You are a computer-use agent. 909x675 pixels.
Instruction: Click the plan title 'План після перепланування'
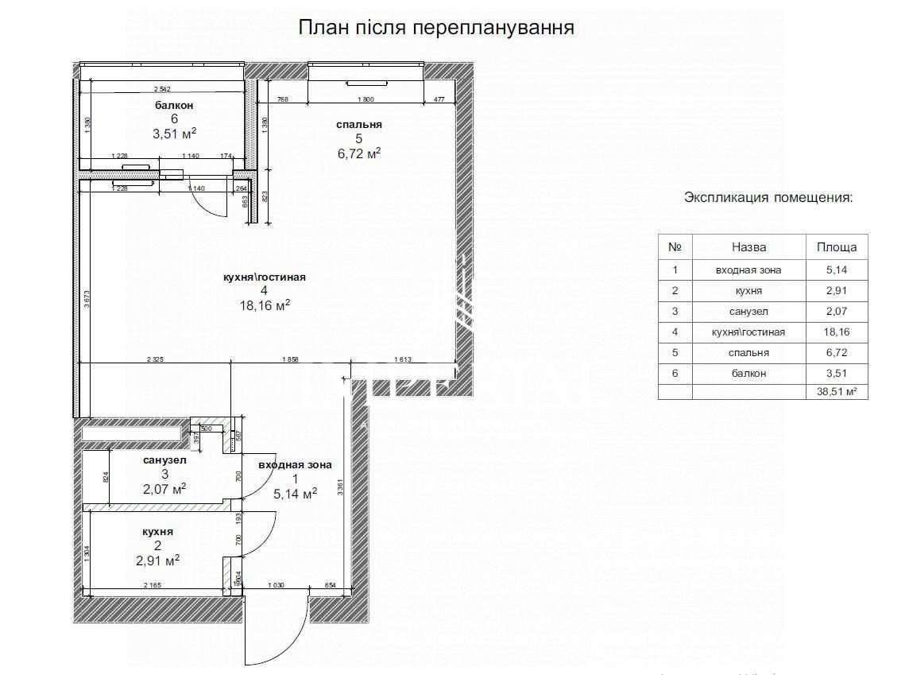436,28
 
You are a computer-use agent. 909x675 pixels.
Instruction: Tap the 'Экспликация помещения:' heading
768,197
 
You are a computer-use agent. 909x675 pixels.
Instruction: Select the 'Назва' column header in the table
748,247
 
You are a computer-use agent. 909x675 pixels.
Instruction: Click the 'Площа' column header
837,247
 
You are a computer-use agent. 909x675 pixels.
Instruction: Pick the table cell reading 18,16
837,332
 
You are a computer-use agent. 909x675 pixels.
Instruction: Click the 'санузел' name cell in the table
748,311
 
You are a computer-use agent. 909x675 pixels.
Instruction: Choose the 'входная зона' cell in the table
748,270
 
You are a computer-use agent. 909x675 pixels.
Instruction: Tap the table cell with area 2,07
837,311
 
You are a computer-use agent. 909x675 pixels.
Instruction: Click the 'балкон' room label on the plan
174,105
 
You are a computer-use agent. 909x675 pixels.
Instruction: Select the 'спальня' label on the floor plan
359,124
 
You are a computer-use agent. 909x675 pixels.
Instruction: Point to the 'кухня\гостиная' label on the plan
265,277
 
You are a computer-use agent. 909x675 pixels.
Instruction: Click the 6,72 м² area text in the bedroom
359,153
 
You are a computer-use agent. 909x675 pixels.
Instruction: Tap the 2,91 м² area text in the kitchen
157,560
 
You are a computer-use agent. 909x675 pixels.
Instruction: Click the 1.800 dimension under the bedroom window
366,99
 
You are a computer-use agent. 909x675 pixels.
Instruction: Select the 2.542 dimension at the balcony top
162,89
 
